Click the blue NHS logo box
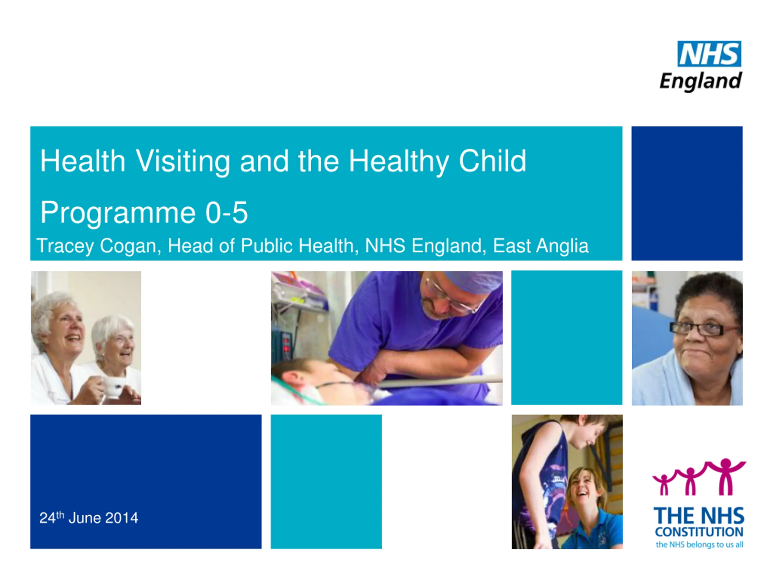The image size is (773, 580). [709, 53]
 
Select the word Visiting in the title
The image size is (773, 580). [182, 162]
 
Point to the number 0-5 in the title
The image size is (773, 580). [226, 213]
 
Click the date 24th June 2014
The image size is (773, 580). [89, 518]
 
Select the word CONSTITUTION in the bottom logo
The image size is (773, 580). [699, 532]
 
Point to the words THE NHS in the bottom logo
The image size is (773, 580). [699, 516]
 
